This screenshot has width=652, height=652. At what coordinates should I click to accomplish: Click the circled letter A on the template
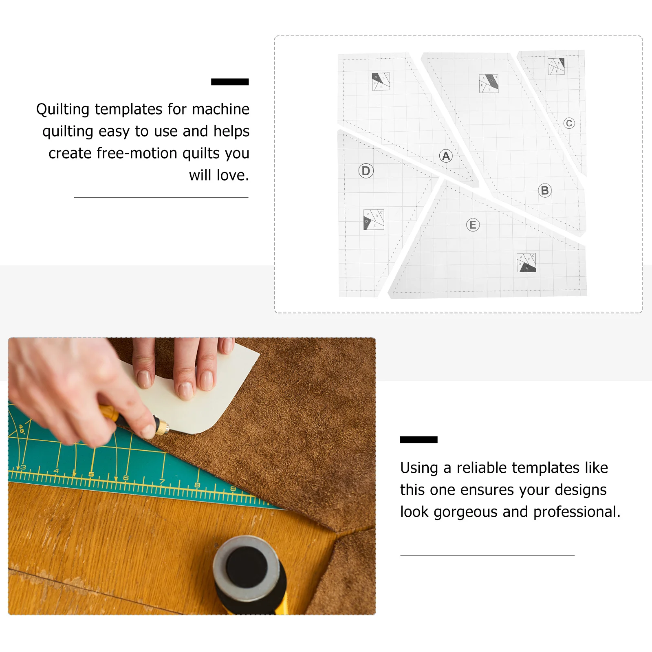click(x=446, y=156)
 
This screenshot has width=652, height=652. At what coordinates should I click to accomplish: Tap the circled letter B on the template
click(x=544, y=190)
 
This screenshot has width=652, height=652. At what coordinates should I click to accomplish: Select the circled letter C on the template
click(x=569, y=123)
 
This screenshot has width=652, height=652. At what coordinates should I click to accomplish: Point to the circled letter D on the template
click(x=366, y=171)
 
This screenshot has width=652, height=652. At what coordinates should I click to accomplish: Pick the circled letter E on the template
click(x=473, y=225)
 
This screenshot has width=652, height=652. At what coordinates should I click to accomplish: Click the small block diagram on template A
click(x=381, y=81)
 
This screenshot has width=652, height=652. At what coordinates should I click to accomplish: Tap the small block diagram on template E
click(x=526, y=262)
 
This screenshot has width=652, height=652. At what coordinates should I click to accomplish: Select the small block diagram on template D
click(x=373, y=220)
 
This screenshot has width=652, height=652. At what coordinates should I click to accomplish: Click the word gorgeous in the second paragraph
click(x=465, y=512)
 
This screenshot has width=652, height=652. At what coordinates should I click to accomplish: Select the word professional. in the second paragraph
click(x=577, y=512)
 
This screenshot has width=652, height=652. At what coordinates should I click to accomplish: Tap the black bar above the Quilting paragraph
click(x=230, y=82)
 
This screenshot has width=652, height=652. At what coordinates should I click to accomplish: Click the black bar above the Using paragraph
click(x=419, y=440)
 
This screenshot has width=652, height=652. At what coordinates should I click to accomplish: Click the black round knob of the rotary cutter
click(x=247, y=568)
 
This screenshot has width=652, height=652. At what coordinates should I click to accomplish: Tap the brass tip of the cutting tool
click(x=162, y=427)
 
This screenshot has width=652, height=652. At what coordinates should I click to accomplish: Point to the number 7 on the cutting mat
click(x=162, y=482)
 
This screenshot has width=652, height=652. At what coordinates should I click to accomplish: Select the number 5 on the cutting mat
click(x=91, y=474)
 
